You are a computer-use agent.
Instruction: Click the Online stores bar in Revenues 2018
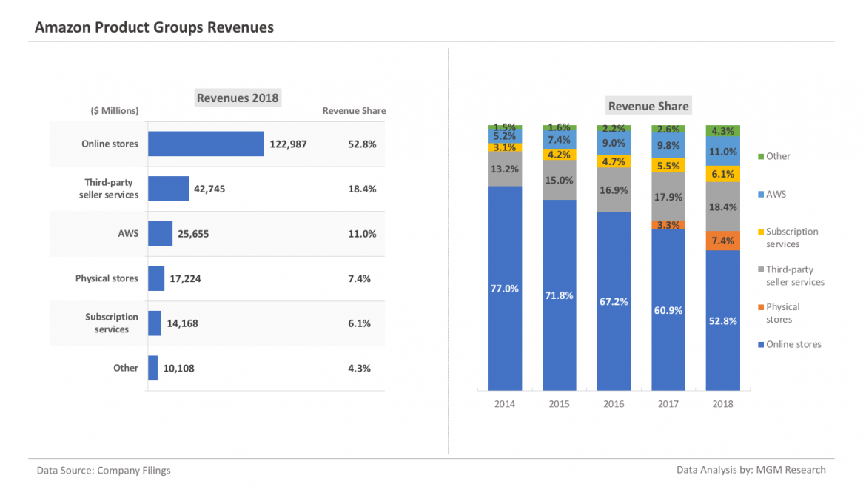pos(206,144)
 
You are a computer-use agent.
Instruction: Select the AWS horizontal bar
pos(160,234)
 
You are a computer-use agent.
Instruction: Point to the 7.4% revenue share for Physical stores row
pos(362,279)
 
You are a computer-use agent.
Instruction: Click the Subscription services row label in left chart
pos(112,323)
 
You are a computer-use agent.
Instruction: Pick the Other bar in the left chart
pos(152,368)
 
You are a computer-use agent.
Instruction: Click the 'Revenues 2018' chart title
pos(238,98)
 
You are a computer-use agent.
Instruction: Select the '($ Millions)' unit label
pos(115,111)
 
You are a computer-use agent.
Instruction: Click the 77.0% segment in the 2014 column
pos(505,289)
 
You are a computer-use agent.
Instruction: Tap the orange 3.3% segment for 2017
pos(668,224)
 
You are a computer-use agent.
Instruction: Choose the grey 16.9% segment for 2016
pos(614,190)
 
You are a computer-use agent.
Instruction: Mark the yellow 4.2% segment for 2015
pos(560,155)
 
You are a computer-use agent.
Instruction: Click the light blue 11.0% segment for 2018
pos(723,152)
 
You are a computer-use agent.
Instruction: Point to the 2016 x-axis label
pos(614,404)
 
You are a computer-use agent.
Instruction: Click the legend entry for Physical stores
pos(782,313)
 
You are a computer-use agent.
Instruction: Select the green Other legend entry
pos(777,156)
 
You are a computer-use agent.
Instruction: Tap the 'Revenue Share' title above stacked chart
pos(648,106)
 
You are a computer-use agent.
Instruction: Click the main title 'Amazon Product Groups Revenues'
pos(154,27)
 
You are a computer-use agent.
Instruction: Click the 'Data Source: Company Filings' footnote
pos(104,470)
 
